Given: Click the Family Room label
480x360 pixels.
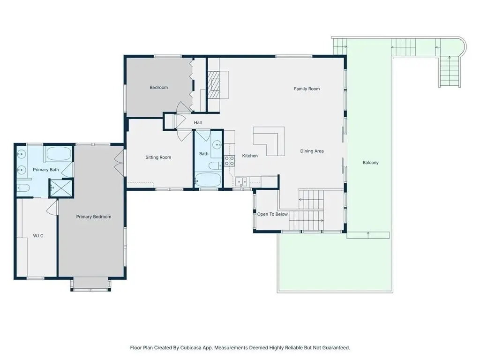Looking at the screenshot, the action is point(307,89).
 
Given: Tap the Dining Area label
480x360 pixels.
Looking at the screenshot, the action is point(312,151).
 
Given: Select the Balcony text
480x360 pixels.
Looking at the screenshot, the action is point(370,163).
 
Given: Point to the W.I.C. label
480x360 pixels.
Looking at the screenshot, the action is point(38,236).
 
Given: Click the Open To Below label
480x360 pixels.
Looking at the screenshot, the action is point(272,214).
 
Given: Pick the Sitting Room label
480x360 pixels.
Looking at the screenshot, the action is point(158,157).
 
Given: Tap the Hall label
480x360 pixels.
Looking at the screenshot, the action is point(197,122).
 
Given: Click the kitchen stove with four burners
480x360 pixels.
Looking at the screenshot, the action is point(230,161).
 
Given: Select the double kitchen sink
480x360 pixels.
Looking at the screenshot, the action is point(241,182).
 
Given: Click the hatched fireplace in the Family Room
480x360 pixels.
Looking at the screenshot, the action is point(214,85).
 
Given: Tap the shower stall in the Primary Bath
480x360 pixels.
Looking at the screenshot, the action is point(61,188).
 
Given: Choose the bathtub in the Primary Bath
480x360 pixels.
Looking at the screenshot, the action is point(59,154).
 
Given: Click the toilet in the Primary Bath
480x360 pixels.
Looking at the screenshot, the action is point(23,187).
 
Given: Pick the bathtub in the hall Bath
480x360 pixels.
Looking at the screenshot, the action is point(208,180).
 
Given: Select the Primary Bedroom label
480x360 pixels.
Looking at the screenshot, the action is point(94,217).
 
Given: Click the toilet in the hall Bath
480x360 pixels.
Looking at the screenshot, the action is point(215,165).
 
